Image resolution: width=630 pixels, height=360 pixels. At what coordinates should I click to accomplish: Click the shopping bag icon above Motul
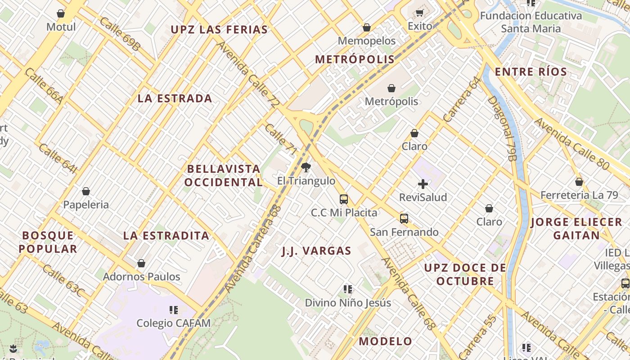click(x=61, y=13)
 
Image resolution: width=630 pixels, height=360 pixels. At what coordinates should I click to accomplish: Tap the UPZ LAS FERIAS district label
click(x=219, y=30)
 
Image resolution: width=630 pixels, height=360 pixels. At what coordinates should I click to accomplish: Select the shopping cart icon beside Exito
click(x=420, y=13)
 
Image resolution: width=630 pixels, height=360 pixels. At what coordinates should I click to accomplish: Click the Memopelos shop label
click(x=367, y=41)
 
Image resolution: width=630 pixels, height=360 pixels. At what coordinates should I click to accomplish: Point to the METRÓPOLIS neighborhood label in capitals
click(x=355, y=59)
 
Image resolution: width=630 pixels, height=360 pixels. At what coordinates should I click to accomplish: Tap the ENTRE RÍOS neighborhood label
click(x=531, y=72)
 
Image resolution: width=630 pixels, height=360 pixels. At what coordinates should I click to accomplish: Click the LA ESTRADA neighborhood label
click(x=175, y=99)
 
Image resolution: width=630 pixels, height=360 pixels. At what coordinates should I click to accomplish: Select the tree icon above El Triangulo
click(x=306, y=168)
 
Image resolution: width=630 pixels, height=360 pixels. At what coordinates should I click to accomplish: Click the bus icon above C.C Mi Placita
click(x=344, y=199)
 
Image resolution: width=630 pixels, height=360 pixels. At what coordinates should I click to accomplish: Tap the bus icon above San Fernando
click(x=404, y=219)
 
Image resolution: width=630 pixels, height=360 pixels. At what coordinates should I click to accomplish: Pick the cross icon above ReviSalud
click(x=423, y=184)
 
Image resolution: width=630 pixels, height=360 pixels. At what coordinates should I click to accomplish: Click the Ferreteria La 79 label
click(x=578, y=195)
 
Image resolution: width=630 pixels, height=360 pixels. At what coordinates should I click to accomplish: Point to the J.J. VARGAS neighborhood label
click(x=316, y=251)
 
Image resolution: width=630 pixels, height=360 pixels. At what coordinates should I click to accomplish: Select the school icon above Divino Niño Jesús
click(x=348, y=289)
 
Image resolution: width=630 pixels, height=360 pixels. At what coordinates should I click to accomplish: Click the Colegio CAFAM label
click(x=174, y=323)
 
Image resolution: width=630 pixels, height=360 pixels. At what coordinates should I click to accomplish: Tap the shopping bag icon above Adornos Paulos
click(x=141, y=263)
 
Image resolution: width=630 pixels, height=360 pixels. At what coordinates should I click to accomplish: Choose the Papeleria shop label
click(x=86, y=205)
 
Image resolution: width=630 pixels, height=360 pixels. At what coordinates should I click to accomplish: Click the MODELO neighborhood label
click(x=385, y=341)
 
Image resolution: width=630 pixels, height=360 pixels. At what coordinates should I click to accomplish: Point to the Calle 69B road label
click(x=121, y=33)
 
